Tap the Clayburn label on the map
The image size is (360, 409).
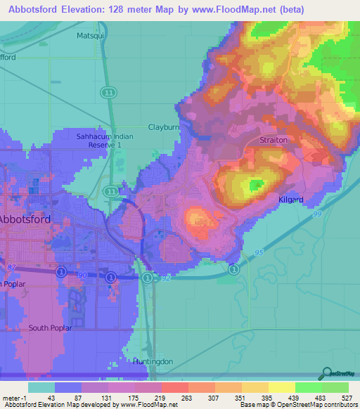164,127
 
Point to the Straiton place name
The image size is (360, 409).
274,141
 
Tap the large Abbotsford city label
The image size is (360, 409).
34,218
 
